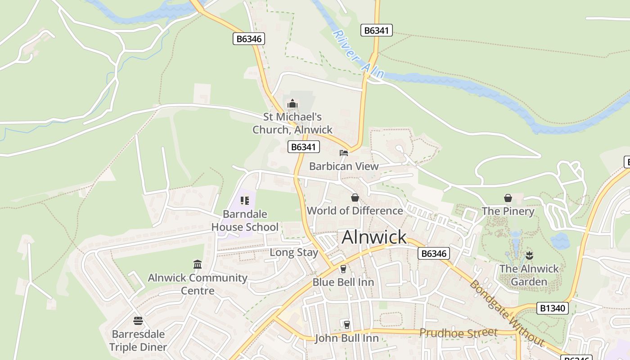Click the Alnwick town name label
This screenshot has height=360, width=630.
coord(374,237)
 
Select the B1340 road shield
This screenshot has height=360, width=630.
coord(553,308)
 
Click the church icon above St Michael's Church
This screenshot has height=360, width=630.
coord(292,104)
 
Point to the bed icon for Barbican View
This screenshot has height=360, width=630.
coord(344,153)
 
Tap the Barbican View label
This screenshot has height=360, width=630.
coord(344,166)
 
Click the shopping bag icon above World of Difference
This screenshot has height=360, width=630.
coord(355,198)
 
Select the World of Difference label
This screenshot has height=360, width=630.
coord(355,211)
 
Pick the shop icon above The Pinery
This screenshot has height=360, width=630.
coord(508,198)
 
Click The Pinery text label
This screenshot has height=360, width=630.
coord(508,211)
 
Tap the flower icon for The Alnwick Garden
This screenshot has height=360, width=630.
coord(529,256)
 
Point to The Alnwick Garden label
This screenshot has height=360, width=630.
coord(529,275)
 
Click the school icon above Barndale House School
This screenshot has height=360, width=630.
coord(245,201)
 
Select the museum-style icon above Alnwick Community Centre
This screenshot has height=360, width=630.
coord(198,264)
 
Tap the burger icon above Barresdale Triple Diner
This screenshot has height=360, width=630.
coord(138,321)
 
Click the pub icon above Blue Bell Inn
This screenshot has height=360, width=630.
coord(343,269)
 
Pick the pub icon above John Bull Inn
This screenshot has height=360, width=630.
coord(346,324)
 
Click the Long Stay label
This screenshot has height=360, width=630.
coord(294,252)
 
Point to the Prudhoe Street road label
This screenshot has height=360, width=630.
coord(458,333)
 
